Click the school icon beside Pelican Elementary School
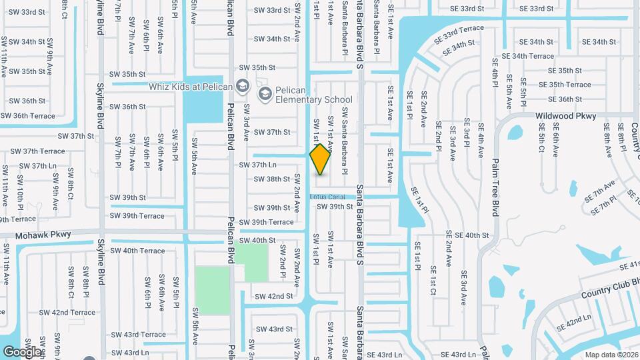point(265,93)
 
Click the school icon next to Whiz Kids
point(242,86)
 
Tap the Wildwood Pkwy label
point(565,116)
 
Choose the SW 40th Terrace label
point(137,251)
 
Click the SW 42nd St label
point(273,296)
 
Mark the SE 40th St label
point(467,235)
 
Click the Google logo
point(22,351)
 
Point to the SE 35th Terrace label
point(565,85)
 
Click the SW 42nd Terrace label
point(67,312)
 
